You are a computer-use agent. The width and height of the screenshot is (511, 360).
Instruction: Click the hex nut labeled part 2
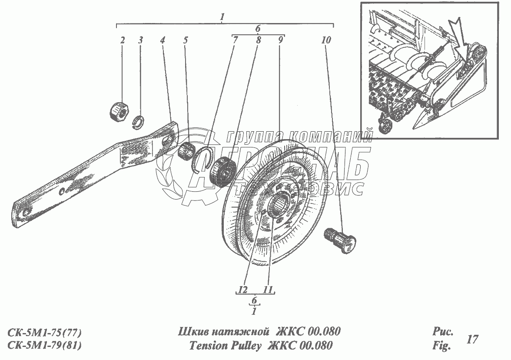point(119,111)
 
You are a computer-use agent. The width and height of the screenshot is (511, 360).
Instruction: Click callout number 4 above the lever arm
point(163,40)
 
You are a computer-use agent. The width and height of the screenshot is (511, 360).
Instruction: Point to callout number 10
point(326,40)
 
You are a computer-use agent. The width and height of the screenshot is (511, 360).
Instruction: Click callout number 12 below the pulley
point(243,290)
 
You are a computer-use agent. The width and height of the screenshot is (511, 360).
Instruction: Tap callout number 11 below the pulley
point(268,290)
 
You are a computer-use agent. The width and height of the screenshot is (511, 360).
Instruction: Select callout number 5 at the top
point(186,40)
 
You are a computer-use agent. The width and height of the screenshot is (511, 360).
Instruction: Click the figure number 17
point(472,339)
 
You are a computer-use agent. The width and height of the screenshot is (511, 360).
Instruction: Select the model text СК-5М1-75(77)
point(44,333)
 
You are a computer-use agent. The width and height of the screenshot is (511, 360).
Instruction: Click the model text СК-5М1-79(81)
point(44,345)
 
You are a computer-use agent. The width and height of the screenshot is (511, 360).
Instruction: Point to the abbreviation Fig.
point(441,345)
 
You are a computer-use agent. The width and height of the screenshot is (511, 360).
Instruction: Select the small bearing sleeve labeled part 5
point(187,150)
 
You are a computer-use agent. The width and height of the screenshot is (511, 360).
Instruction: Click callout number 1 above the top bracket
point(222,17)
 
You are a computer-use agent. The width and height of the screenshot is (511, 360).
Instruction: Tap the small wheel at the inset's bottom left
point(385,126)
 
